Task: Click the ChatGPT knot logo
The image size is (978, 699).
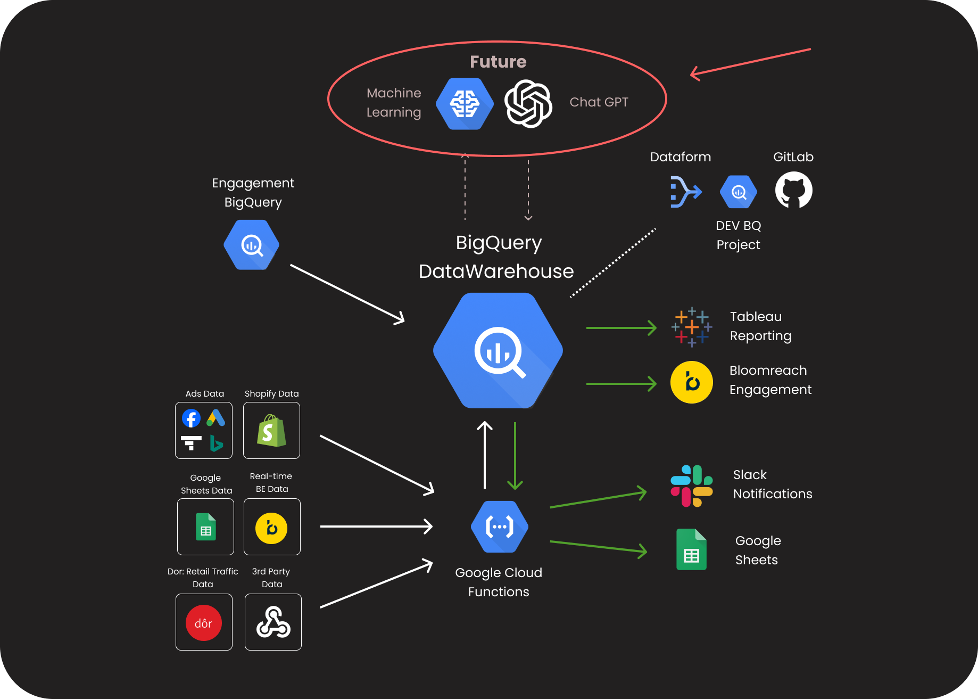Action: pyautogui.click(x=528, y=103)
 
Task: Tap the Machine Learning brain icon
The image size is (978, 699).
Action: pyautogui.click(x=465, y=104)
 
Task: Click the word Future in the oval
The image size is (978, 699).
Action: pyautogui.click(x=498, y=62)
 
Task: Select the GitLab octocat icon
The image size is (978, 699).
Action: pyautogui.click(x=793, y=190)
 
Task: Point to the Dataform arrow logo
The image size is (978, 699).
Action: pyautogui.click(x=685, y=192)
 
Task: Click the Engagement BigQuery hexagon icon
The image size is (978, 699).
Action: pyautogui.click(x=252, y=245)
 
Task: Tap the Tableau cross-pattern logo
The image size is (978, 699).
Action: pyautogui.click(x=692, y=327)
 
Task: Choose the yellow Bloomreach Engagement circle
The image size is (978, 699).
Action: pyautogui.click(x=692, y=382)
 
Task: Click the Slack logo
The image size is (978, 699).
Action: pyautogui.click(x=692, y=486)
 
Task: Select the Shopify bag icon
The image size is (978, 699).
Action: pyautogui.click(x=271, y=431)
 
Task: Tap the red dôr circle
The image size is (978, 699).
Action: pyautogui.click(x=204, y=623)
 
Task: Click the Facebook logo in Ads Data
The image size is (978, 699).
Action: pyautogui.click(x=192, y=418)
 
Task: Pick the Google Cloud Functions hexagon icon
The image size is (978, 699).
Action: pyautogui.click(x=499, y=527)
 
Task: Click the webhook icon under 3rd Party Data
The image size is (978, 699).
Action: pyautogui.click(x=273, y=622)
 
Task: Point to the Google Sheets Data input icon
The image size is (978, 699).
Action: pyautogui.click(x=206, y=527)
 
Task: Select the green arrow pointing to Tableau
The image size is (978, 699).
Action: pyautogui.click(x=621, y=328)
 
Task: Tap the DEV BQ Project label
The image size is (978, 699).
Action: pyautogui.click(x=739, y=235)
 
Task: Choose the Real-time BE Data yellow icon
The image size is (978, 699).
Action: pyautogui.click(x=271, y=528)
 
